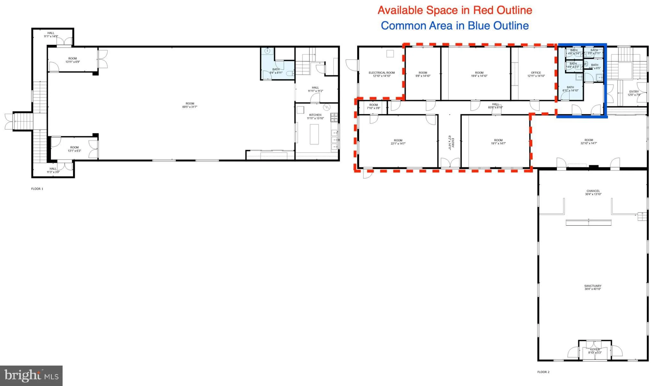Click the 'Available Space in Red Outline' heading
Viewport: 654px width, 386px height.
[455, 10]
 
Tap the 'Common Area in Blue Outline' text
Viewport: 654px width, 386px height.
[455, 26]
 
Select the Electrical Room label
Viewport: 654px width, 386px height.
[382, 74]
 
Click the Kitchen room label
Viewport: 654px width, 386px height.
[315, 117]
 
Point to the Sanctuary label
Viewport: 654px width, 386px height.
[593, 287]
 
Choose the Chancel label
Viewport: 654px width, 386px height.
[593, 193]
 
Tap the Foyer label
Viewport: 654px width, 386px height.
[595, 351]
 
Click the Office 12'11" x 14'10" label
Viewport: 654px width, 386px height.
[536, 74]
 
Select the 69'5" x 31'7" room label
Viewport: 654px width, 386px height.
[190, 105]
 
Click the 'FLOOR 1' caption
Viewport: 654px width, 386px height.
[37, 189]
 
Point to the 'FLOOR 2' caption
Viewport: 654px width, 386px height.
[543, 372]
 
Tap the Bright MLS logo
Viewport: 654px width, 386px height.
[31, 376]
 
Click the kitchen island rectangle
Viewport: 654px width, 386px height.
[314, 134]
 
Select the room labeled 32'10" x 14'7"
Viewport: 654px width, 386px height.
[589, 142]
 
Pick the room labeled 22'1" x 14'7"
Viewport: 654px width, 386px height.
[398, 142]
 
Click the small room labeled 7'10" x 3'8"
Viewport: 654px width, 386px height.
[373, 106]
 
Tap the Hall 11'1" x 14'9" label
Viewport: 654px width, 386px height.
[51, 34]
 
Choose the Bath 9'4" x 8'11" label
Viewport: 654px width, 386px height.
[276, 71]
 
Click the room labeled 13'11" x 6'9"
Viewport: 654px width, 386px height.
[72, 60]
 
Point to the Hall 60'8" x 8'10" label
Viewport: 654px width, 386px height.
[495, 106]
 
